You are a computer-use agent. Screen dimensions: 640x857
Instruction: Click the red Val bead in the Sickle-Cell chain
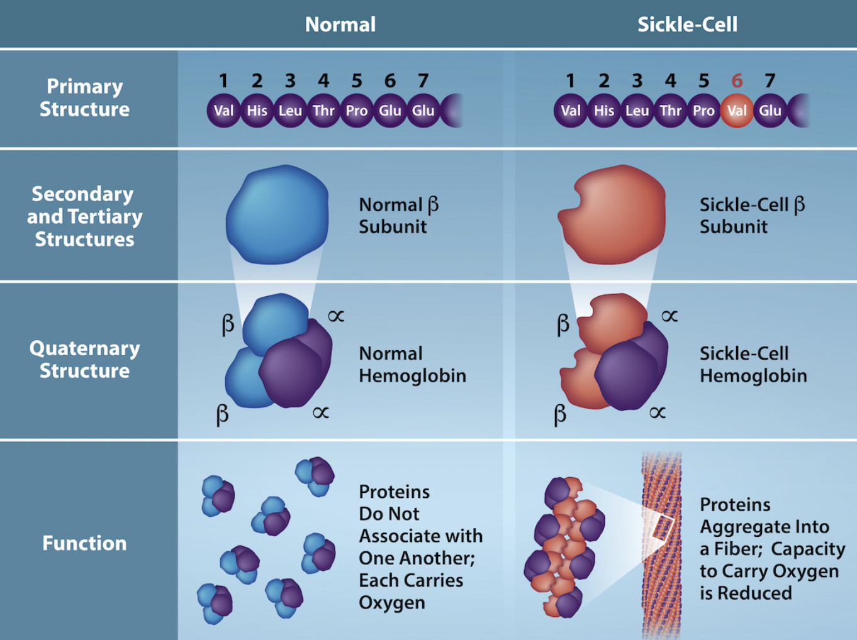point(736,111)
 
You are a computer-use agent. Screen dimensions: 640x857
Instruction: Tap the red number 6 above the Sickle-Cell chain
point(737,81)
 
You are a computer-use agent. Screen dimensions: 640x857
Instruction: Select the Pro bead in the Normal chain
point(356,111)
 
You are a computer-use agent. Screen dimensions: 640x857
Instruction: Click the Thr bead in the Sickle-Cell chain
point(670,111)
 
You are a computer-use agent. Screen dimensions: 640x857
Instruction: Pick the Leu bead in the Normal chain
point(290,111)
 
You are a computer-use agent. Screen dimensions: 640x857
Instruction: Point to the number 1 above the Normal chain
point(223,81)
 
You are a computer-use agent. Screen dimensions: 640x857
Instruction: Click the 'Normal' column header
point(340,25)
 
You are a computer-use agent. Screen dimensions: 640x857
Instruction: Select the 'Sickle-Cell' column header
point(687,25)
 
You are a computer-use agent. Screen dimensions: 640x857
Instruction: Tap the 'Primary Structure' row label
point(84,98)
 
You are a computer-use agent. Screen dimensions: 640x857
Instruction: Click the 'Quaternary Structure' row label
point(84,360)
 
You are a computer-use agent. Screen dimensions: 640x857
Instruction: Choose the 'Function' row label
point(84,543)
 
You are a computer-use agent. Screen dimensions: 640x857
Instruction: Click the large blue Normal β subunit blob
point(277,214)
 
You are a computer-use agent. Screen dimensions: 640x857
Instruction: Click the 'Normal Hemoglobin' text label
point(412,365)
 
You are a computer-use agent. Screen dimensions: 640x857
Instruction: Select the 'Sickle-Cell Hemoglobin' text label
point(753,365)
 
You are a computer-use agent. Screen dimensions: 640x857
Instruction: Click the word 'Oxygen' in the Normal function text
point(391,603)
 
